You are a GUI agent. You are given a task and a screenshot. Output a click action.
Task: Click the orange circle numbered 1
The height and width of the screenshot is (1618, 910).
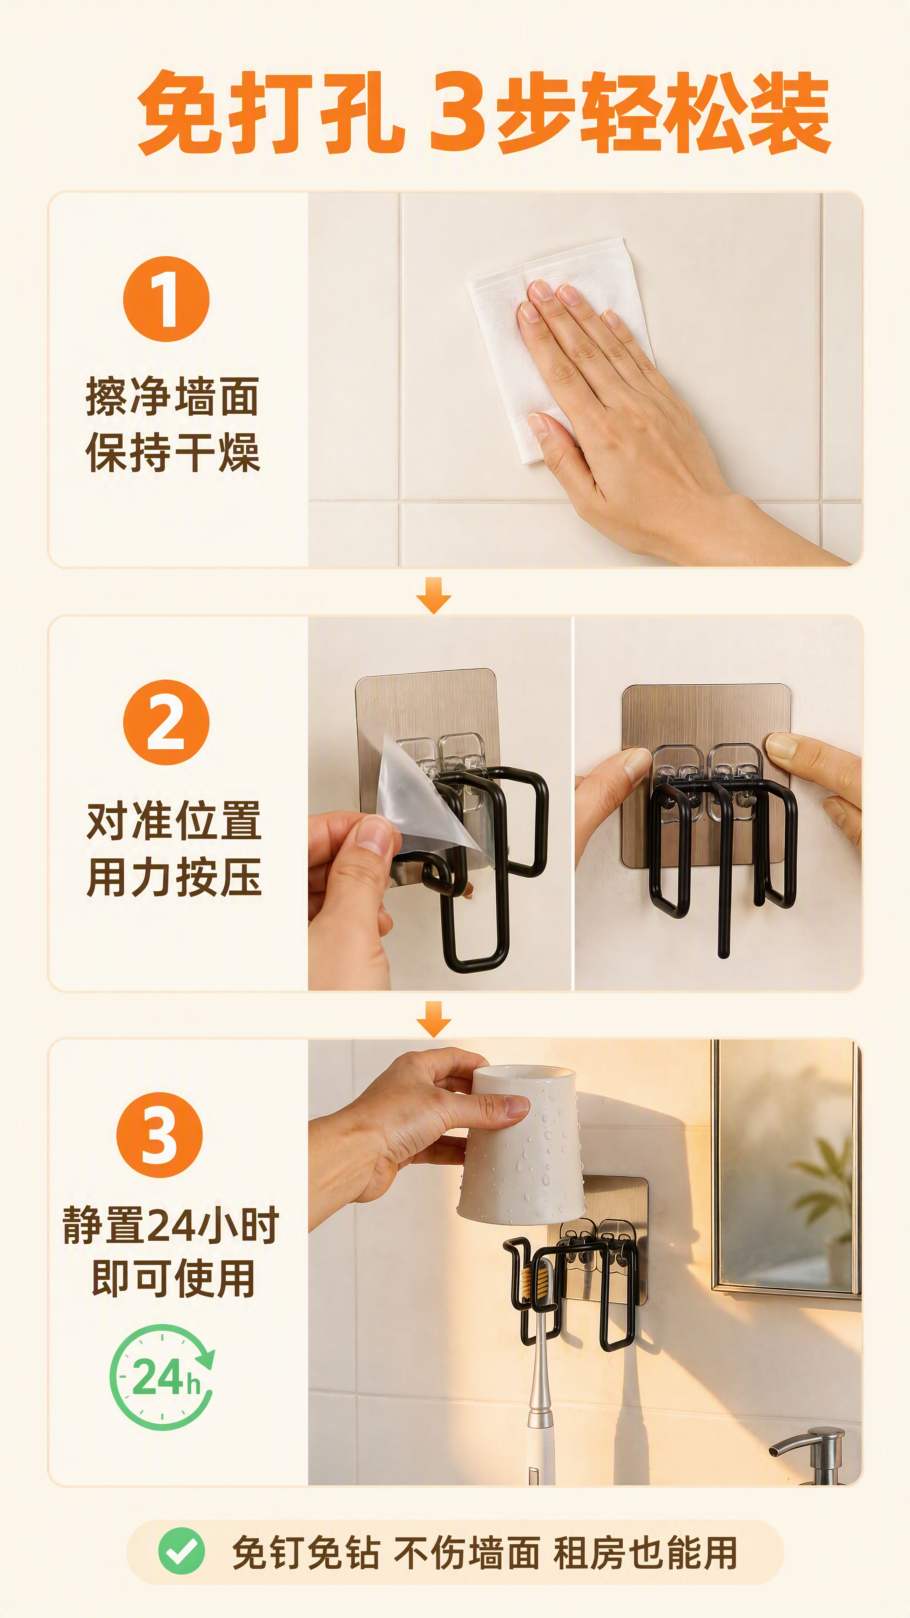click(x=166, y=299)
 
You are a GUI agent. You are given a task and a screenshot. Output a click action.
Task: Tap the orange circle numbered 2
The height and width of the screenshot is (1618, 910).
click(x=166, y=722)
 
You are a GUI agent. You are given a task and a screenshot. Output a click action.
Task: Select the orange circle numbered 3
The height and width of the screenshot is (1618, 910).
click(x=160, y=1135)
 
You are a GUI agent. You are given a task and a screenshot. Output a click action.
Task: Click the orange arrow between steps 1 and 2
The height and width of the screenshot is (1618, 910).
click(x=434, y=595)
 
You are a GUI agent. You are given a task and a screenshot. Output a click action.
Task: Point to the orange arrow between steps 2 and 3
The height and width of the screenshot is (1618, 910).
click(x=434, y=1019)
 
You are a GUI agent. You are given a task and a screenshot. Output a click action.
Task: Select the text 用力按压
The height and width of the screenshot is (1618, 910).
click(x=174, y=877)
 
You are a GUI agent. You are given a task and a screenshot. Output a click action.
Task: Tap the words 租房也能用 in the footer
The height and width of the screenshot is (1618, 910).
click(x=645, y=1553)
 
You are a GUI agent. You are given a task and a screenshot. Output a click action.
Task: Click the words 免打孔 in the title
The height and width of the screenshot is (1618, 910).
click(x=270, y=113)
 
